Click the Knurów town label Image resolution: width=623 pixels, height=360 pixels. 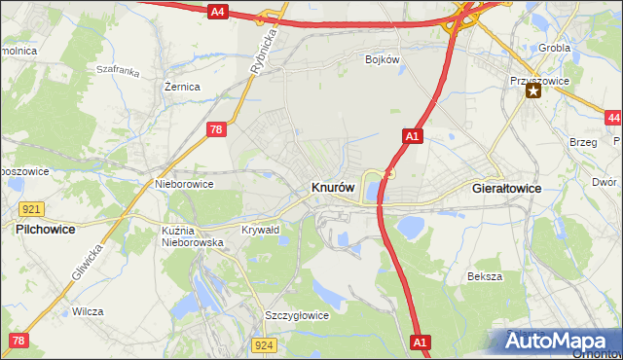coord(333,187)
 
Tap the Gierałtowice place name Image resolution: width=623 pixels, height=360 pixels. coord(506,187)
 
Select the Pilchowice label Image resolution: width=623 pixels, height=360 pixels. coord(46,230)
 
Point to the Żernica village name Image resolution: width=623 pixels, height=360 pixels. coord(182,87)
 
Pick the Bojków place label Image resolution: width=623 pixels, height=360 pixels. coord(383,59)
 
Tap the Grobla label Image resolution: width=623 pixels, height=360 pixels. coord(554,48)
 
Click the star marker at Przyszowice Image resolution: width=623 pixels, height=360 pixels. coord(533,91)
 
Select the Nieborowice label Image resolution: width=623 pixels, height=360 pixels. coord(184,183)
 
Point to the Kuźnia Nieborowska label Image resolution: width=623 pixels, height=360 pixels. coord(193,235)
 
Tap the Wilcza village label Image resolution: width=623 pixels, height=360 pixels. coord(88,311)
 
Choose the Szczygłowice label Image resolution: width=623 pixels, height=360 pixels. coord(297,315)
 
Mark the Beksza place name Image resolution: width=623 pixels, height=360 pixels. coord(484,276)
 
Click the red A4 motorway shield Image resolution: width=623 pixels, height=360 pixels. coord(218,12)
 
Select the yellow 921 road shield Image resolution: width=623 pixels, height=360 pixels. coord(29,209)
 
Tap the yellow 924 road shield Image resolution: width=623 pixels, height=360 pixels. coord(264,345)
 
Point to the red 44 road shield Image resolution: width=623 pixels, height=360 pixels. coord(612,118)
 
